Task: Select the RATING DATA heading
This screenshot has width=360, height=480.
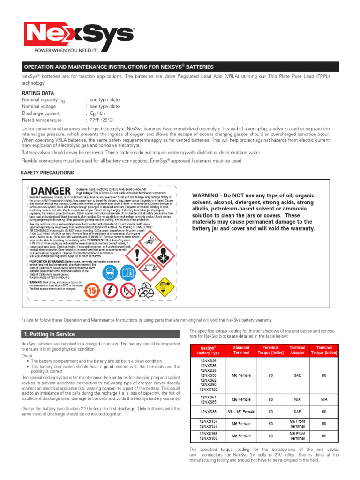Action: click(x=38, y=93)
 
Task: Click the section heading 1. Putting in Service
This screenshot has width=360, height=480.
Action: click(x=49, y=334)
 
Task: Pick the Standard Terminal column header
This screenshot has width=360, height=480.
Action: click(x=241, y=350)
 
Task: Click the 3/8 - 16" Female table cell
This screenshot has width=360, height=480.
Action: click(x=241, y=412)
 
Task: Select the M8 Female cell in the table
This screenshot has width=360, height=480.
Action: click(x=241, y=435)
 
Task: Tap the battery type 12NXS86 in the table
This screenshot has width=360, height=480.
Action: click(x=208, y=412)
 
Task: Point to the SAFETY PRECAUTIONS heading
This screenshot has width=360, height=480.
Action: click(x=47, y=172)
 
